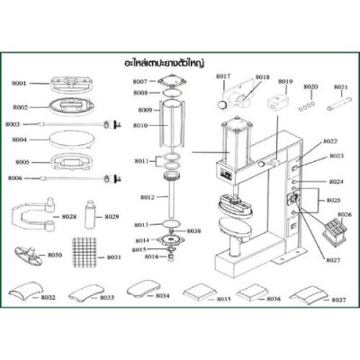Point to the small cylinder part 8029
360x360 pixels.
pyautogui.click(x=91, y=217)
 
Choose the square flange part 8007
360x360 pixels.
pyautogui.click(x=168, y=85)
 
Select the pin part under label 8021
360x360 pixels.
pyautogui.click(x=340, y=105)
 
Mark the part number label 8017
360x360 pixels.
pyautogui.click(x=225, y=78)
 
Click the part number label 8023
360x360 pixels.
pyautogui.click(x=335, y=156)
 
